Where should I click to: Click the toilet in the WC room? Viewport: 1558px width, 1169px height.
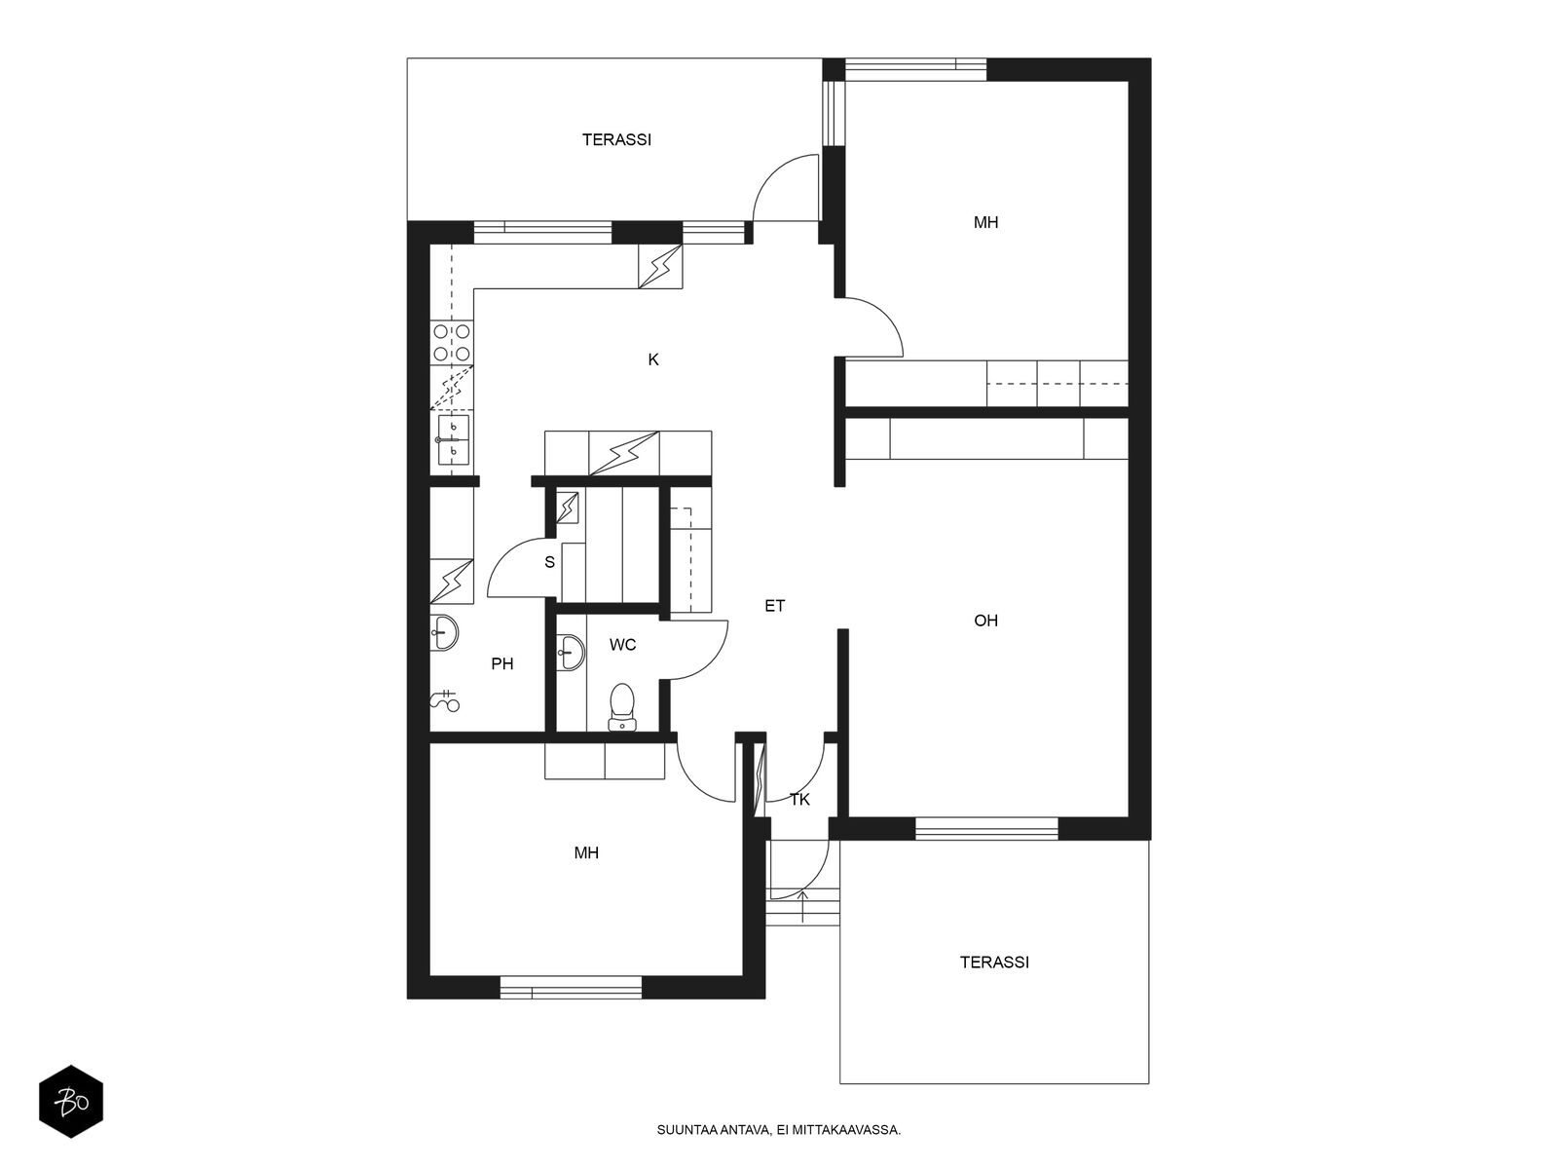[622, 707]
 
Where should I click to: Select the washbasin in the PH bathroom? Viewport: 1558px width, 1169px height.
[444, 632]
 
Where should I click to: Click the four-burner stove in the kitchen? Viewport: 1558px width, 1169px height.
[452, 342]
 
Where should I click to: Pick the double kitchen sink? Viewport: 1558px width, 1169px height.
[453, 439]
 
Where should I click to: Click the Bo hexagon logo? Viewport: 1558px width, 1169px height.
[71, 1102]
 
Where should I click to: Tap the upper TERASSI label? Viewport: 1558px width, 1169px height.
[616, 140]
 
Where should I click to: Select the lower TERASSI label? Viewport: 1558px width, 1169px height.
[994, 962]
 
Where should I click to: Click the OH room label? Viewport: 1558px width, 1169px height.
[985, 621]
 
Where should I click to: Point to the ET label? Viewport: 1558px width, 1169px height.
[774, 605]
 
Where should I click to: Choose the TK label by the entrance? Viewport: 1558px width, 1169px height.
[800, 800]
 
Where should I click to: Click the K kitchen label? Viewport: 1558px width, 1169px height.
[653, 359]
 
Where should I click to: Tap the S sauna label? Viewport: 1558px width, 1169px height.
[549, 562]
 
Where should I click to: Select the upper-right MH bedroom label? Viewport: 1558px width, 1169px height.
[985, 222]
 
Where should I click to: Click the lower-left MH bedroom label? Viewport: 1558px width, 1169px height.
[586, 852]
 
